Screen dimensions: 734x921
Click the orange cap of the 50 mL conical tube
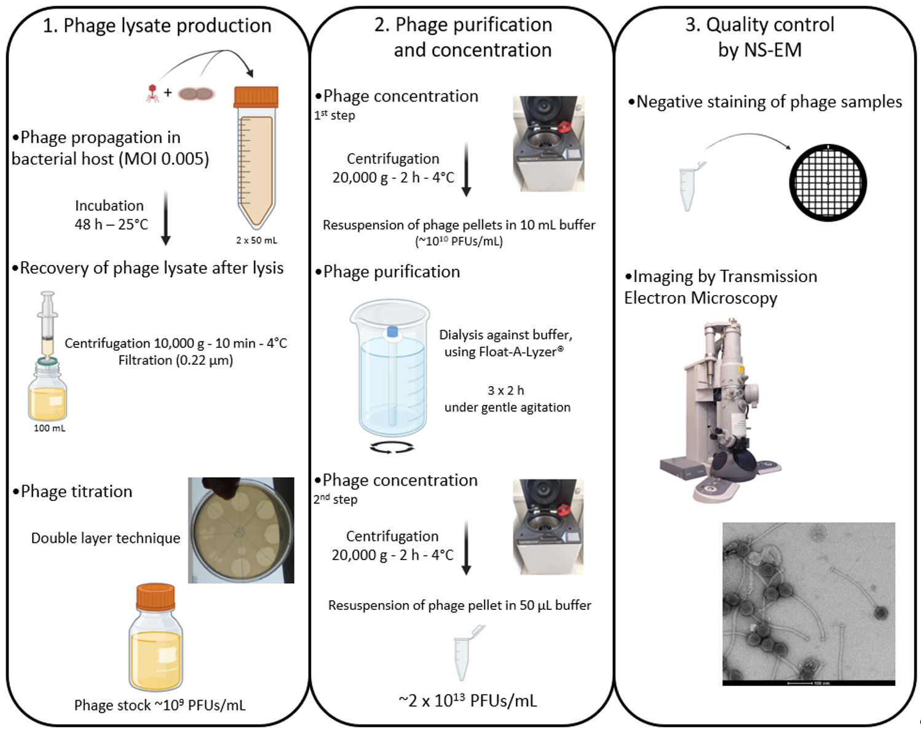coord(256,97)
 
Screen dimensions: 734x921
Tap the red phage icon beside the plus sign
coord(152,93)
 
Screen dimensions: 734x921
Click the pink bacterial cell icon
coord(196,94)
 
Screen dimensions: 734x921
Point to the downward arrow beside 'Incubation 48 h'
coord(165,218)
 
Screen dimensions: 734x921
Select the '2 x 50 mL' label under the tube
coord(256,240)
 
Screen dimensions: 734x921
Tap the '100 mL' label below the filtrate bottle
coord(49,428)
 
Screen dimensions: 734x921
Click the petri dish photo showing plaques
coord(241,530)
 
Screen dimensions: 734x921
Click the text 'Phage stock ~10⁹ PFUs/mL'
coord(160,705)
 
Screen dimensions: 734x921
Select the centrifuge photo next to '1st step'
coord(548,143)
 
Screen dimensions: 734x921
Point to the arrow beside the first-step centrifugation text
coord(466,169)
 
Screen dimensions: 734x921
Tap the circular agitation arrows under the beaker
coord(392,448)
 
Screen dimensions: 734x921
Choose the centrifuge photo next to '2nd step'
coord(548,527)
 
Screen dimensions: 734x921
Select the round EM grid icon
coord(828,183)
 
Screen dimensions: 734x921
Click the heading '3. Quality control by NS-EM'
coord(760,37)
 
